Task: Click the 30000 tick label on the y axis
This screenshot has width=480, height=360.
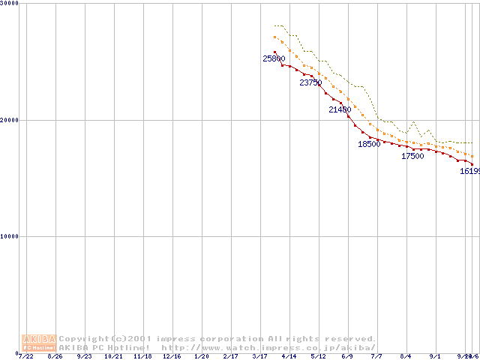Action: click(x=10, y=4)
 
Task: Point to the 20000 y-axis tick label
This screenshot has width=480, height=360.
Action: click(x=10, y=120)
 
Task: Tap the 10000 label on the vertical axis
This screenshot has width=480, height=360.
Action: click(x=10, y=236)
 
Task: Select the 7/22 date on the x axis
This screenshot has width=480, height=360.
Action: click(x=25, y=355)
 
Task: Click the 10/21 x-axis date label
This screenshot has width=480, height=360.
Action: click(x=113, y=355)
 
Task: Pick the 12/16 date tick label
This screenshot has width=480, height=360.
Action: click(x=172, y=355)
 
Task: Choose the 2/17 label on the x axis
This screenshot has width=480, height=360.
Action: click(x=230, y=355)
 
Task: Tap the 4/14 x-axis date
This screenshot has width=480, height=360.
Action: click(x=289, y=355)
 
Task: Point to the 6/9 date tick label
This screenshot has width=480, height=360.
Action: click(x=347, y=355)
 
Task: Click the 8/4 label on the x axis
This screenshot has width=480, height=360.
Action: click(x=406, y=355)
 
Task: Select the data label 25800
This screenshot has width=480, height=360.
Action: click(x=274, y=58)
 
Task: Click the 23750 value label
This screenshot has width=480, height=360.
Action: click(x=310, y=82)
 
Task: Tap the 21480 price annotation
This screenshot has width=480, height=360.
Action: click(x=340, y=109)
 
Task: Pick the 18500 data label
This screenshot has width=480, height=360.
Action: click(x=369, y=144)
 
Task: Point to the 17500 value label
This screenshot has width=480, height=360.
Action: click(x=412, y=157)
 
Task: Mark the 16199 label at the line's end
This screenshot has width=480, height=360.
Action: click(x=469, y=171)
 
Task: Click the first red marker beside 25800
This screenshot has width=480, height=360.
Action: click(x=274, y=52)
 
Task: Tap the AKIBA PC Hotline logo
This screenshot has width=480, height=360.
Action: click(x=38, y=343)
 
